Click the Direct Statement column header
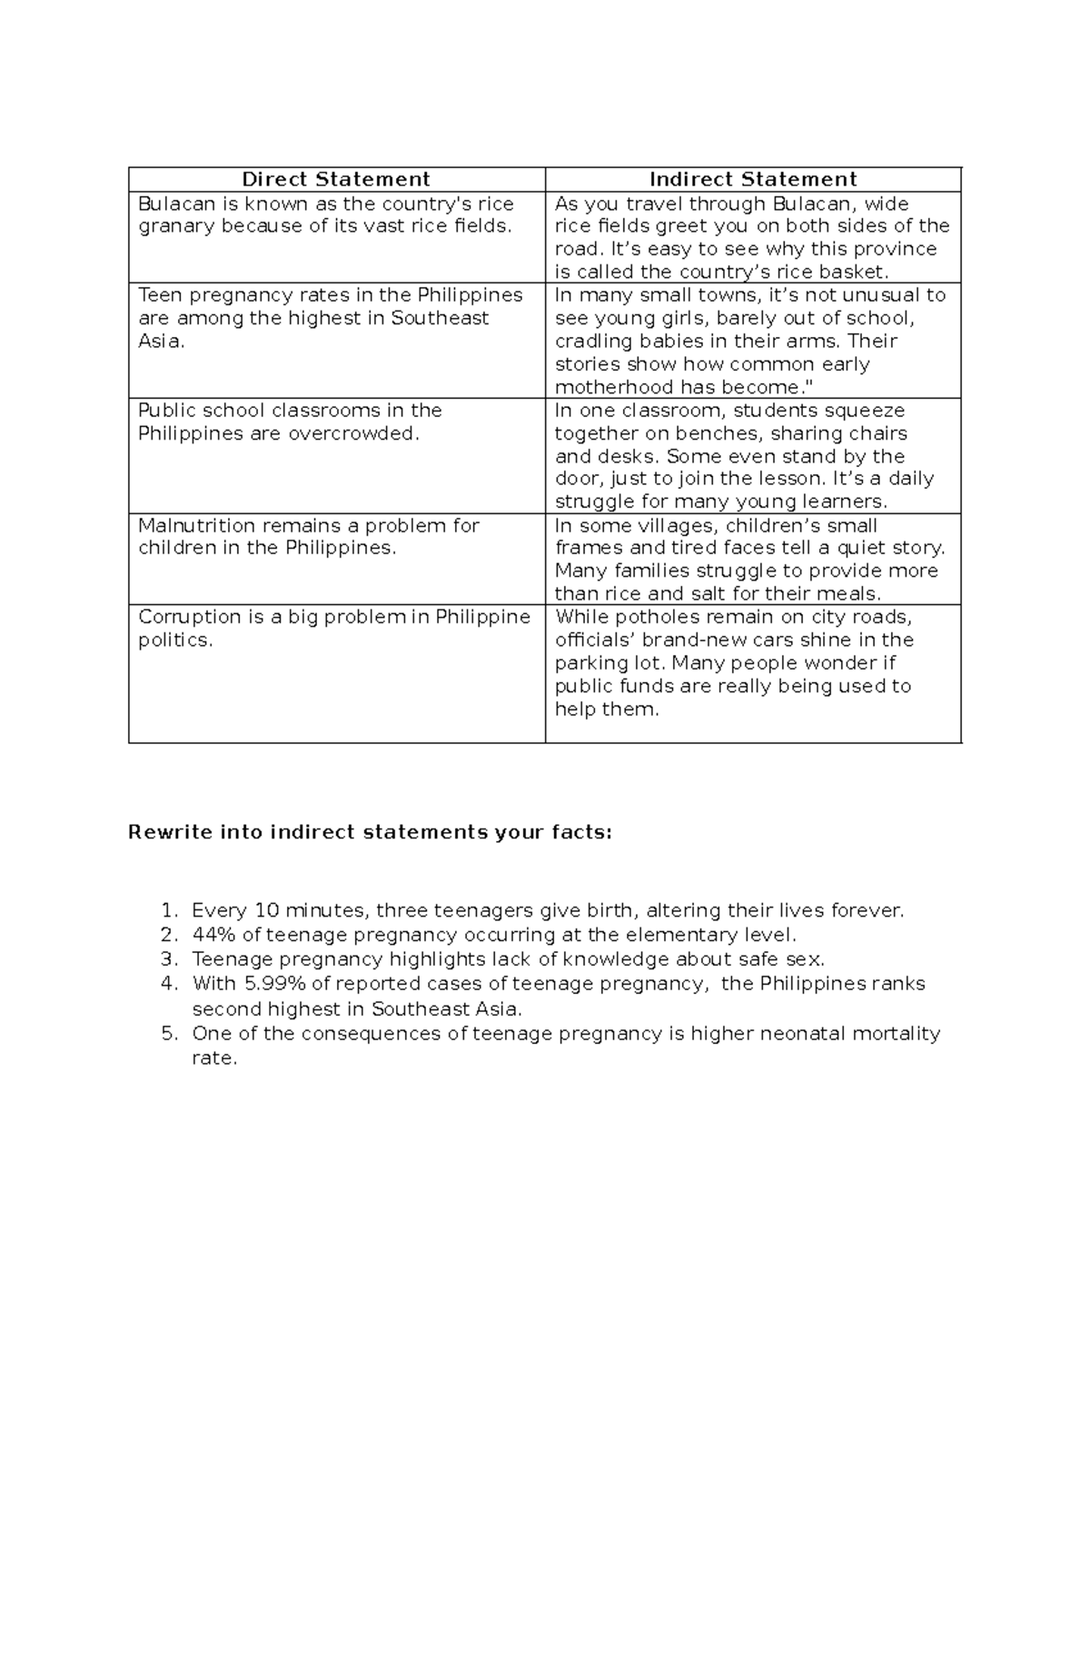click(335, 179)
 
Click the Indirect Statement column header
click(753, 179)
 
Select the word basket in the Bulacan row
click(853, 272)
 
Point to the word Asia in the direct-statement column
click(160, 342)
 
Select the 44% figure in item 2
click(213, 935)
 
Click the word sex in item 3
click(807, 959)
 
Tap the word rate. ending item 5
click(214, 1058)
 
